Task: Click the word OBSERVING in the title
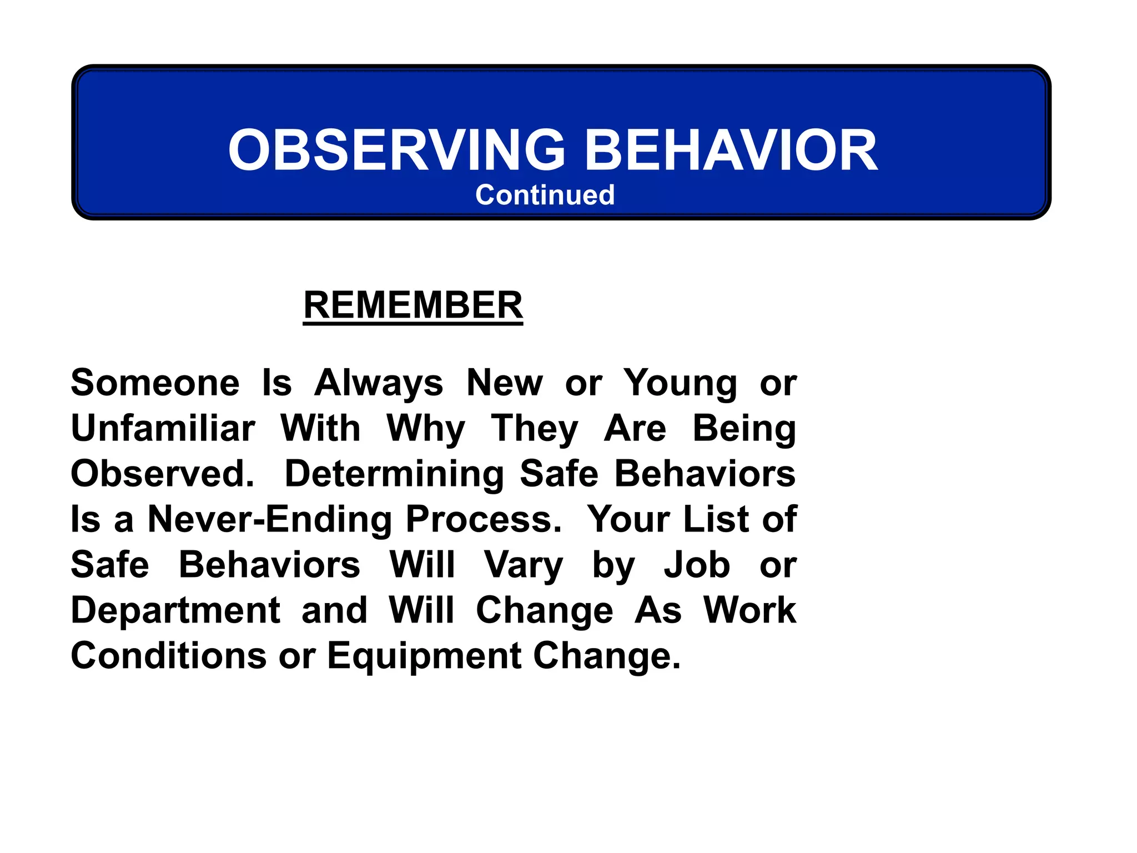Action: coord(396,150)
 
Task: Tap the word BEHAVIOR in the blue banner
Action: coord(731,150)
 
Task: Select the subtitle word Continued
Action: coord(545,195)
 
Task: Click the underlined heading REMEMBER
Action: coord(413,305)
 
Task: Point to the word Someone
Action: coord(155,383)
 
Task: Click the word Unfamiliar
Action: coord(163,428)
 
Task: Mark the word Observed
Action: coord(162,474)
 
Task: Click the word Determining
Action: coord(394,475)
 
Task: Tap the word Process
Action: coord(483,519)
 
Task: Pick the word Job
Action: coord(697,565)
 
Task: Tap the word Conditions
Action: coord(169,656)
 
